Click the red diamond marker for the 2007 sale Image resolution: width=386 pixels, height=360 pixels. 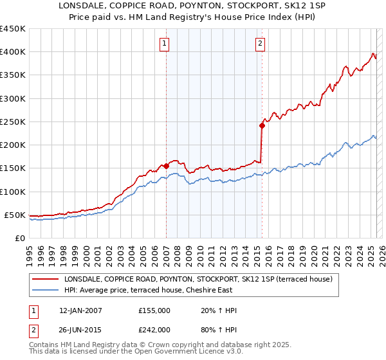[x=166, y=166]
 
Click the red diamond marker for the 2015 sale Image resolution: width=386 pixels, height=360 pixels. [x=262, y=125]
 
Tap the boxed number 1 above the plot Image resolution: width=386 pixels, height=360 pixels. [x=165, y=44]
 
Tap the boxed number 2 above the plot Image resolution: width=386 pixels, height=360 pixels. [x=260, y=44]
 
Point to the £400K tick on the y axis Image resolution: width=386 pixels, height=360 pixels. [x=13, y=52]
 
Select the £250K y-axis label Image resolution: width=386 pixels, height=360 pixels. [x=13, y=122]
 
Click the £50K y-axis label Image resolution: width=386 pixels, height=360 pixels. [x=15, y=215]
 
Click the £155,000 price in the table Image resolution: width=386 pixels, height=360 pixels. [x=154, y=311]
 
